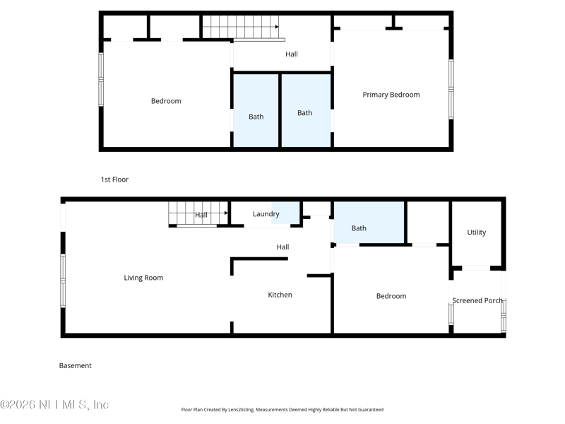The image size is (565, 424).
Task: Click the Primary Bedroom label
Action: pos(391,95)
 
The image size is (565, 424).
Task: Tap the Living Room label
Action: pos(143,278)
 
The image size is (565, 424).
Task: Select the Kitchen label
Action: pos(280,295)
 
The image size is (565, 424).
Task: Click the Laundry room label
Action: pos(266,214)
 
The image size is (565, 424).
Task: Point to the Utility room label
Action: pos(476,232)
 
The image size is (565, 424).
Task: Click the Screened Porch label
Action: pos(477,300)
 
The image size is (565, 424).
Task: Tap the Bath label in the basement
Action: pos(359,228)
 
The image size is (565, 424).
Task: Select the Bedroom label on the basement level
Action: pos(391,296)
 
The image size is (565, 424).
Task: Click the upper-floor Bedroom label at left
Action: pos(166,101)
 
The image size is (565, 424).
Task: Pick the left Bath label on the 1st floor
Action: pos(256,117)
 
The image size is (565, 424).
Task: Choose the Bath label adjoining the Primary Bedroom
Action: pos(304,113)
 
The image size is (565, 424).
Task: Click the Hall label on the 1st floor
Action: pos(291,54)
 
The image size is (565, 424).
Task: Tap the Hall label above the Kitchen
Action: pos(282,247)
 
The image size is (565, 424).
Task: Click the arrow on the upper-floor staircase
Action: pos(276,27)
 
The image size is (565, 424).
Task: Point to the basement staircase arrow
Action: pos(226,212)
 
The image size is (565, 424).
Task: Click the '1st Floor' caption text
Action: pos(114,179)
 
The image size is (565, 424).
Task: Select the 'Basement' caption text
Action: pos(75,365)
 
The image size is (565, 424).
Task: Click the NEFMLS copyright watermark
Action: pos(54,405)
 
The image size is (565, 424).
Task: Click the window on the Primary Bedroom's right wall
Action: pos(451,88)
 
